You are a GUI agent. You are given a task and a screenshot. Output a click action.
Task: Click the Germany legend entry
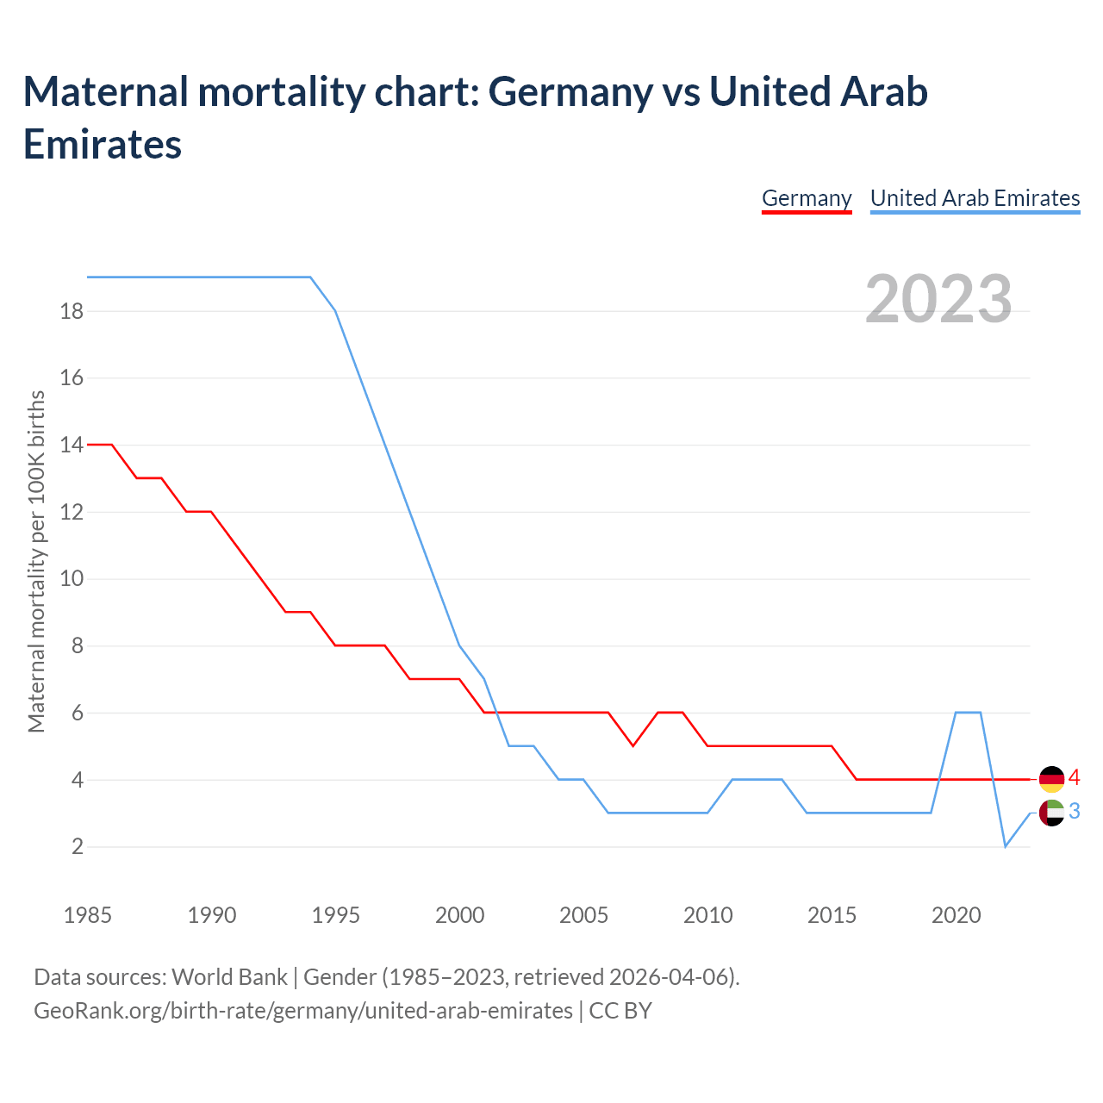(807, 198)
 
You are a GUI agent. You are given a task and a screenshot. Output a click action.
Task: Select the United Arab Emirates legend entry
(975, 198)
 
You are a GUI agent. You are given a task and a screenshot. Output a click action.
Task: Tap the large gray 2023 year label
(938, 299)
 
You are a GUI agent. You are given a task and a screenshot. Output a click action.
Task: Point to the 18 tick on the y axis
(72, 311)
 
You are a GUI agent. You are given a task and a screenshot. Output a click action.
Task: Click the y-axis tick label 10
(72, 578)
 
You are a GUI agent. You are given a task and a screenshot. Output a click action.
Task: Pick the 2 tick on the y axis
(78, 847)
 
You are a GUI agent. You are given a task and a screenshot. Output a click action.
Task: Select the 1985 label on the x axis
(88, 915)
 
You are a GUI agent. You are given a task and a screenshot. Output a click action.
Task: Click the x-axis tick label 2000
(459, 915)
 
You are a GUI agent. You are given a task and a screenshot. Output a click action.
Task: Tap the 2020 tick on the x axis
(956, 915)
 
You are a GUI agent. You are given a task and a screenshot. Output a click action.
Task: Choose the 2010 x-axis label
(707, 915)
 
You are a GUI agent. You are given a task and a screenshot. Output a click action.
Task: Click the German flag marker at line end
(1051, 779)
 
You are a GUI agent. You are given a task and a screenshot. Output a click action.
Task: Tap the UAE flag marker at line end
(1051, 813)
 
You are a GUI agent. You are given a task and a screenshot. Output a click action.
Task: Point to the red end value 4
(1075, 778)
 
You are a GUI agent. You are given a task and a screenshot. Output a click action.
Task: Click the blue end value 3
(1075, 812)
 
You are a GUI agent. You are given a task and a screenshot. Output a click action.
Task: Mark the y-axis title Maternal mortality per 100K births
(36, 562)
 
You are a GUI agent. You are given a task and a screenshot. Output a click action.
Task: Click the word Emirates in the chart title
(103, 144)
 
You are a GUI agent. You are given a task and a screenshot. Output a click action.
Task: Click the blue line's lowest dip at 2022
(1005, 846)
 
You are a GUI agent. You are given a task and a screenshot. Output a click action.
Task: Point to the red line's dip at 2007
(633, 745)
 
